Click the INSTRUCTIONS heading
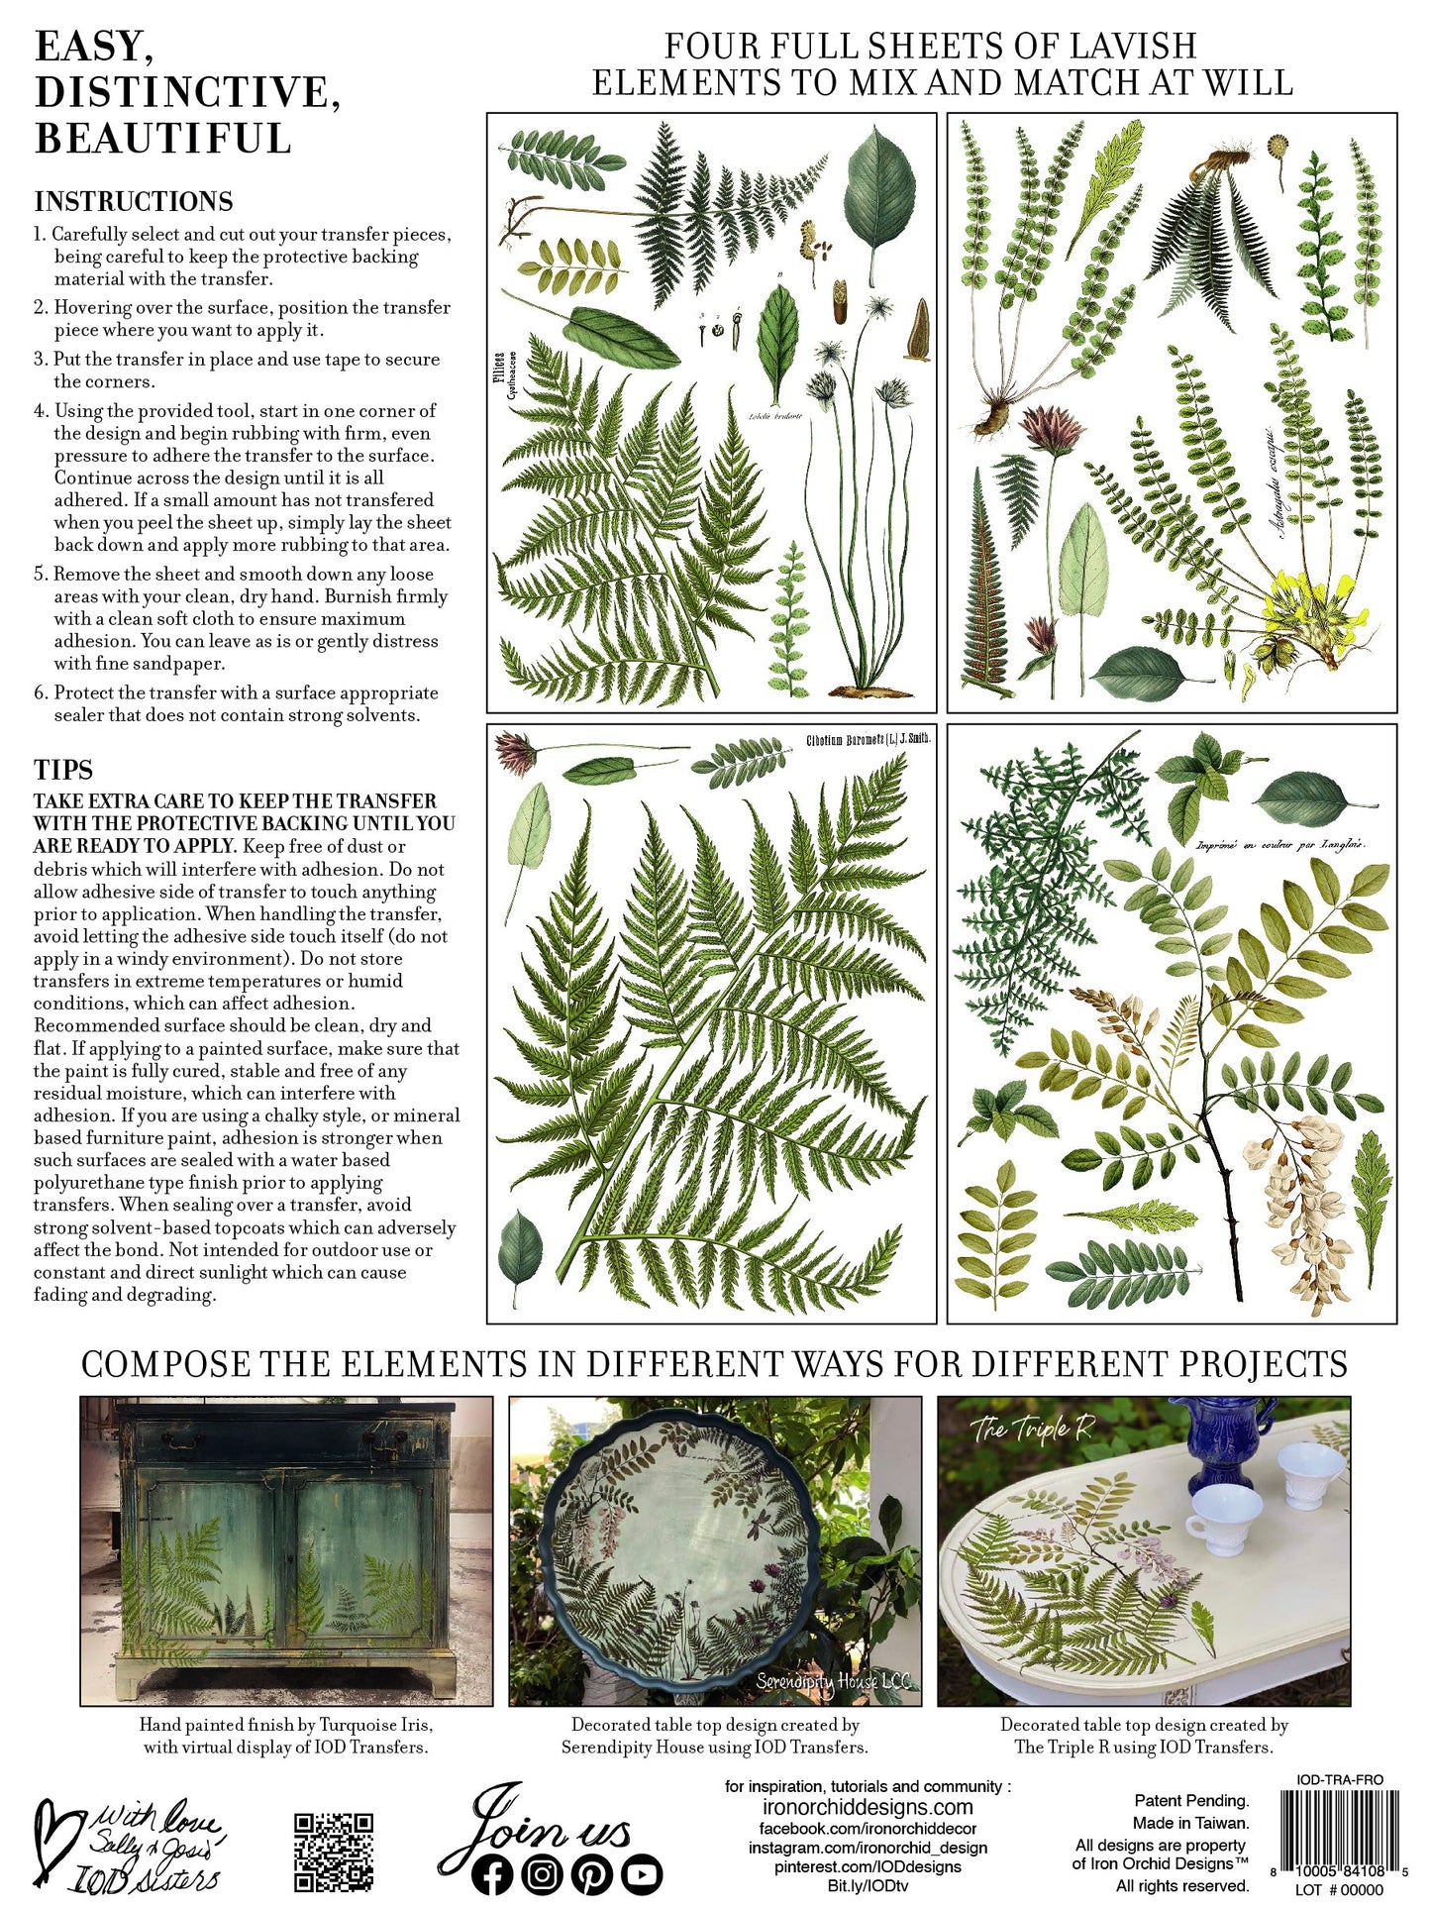coord(134,201)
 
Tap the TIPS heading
coord(63,770)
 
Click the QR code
coord(334,1853)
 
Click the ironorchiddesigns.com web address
coord(868,1807)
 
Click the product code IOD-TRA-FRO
coord(1340,1780)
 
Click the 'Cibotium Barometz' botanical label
coord(869,740)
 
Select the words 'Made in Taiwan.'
coord(1190,1823)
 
